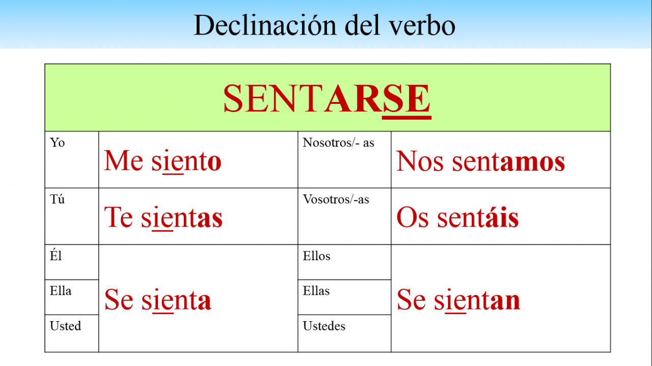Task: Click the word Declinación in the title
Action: (x=264, y=25)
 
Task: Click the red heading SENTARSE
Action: (x=327, y=99)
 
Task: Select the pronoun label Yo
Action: (x=58, y=143)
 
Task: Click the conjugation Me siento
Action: (x=162, y=160)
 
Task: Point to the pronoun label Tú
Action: (x=58, y=200)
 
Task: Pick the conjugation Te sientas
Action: (x=164, y=217)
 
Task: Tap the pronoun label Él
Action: (x=56, y=256)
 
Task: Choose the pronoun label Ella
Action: (x=61, y=291)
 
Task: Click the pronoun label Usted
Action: (x=66, y=326)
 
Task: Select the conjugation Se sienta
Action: (x=157, y=300)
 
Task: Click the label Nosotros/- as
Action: (x=339, y=143)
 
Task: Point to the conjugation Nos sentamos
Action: (x=480, y=161)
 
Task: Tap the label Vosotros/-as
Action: (x=336, y=200)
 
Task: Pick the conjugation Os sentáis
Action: (x=457, y=217)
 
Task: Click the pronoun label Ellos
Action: (x=317, y=256)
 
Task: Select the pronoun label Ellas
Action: (x=316, y=291)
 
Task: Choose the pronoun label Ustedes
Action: (x=324, y=326)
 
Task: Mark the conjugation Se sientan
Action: (x=458, y=300)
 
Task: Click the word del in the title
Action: (x=362, y=25)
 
